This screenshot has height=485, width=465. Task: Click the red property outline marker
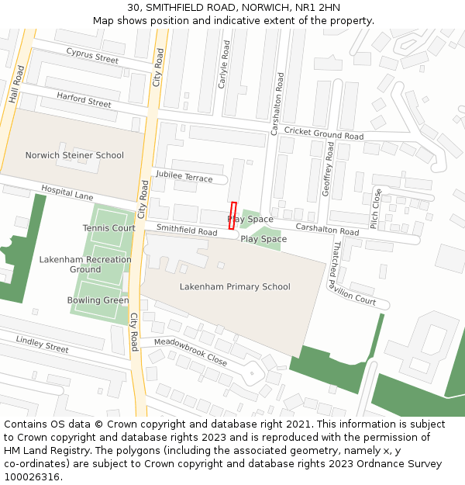232,216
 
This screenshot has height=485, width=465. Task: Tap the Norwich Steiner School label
74,155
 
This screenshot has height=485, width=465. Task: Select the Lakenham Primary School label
235,286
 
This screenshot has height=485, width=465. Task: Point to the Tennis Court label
109,228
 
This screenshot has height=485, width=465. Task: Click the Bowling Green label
98,300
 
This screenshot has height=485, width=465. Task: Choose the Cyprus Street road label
92,55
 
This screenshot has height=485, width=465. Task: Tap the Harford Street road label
84,99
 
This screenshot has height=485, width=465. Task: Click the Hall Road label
16,84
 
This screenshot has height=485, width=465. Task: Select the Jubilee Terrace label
184,178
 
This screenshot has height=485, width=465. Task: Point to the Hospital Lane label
67,192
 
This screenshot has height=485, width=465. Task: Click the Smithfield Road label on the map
187,231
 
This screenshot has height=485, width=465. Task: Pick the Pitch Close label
376,208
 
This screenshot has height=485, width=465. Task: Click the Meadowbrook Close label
191,352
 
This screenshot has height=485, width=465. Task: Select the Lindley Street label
43,344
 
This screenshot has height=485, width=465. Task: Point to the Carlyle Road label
225,64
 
